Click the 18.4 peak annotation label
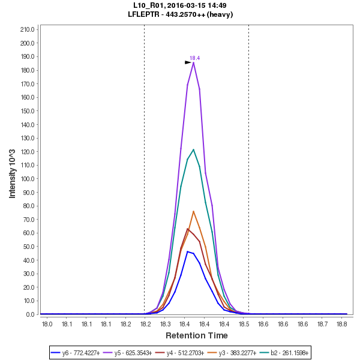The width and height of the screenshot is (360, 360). (x=194, y=58)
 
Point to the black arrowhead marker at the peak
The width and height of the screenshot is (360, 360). (x=188, y=62)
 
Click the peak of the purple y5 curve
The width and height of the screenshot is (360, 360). (x=194, y=62)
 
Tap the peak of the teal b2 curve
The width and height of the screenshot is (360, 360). (x=193, y=149)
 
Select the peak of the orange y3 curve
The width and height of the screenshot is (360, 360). (x=194, y=211)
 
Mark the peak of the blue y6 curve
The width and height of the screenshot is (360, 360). (x=187, y=251)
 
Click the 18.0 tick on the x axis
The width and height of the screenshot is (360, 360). (x=47, y=325)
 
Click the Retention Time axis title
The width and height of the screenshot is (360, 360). (x=196, y=335)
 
